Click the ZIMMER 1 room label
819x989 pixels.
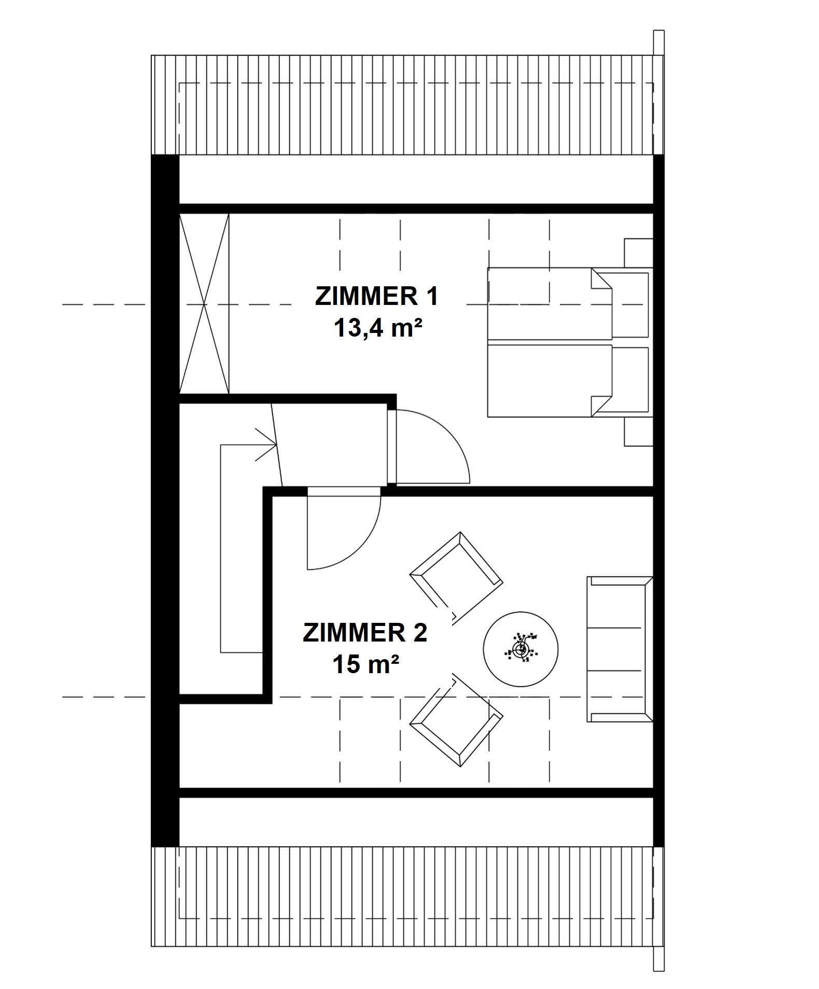pos(376,297)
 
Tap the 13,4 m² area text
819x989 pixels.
pos(376,328)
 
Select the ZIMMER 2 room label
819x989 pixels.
pos(365,633)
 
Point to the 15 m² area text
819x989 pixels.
pos(365,664)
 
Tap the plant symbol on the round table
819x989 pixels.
pos(521,649)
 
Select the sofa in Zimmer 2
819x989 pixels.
pos(619,649)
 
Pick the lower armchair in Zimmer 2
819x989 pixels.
pos(456,721)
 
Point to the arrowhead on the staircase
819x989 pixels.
pos(267,444)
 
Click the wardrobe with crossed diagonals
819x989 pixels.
pos(204,304)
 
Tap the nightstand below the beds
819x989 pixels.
pos(638,431)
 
